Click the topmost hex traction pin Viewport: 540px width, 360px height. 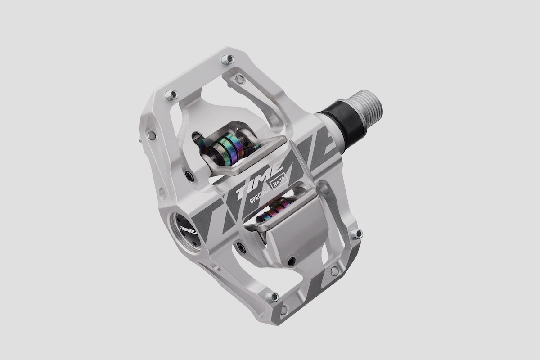click(228, 59)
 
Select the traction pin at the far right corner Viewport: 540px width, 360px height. click(357, 234)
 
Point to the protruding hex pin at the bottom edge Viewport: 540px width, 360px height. click(272, 297)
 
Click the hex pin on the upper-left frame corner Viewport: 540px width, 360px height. click(171, 95)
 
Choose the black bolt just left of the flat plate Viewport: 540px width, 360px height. click(241, 247)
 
